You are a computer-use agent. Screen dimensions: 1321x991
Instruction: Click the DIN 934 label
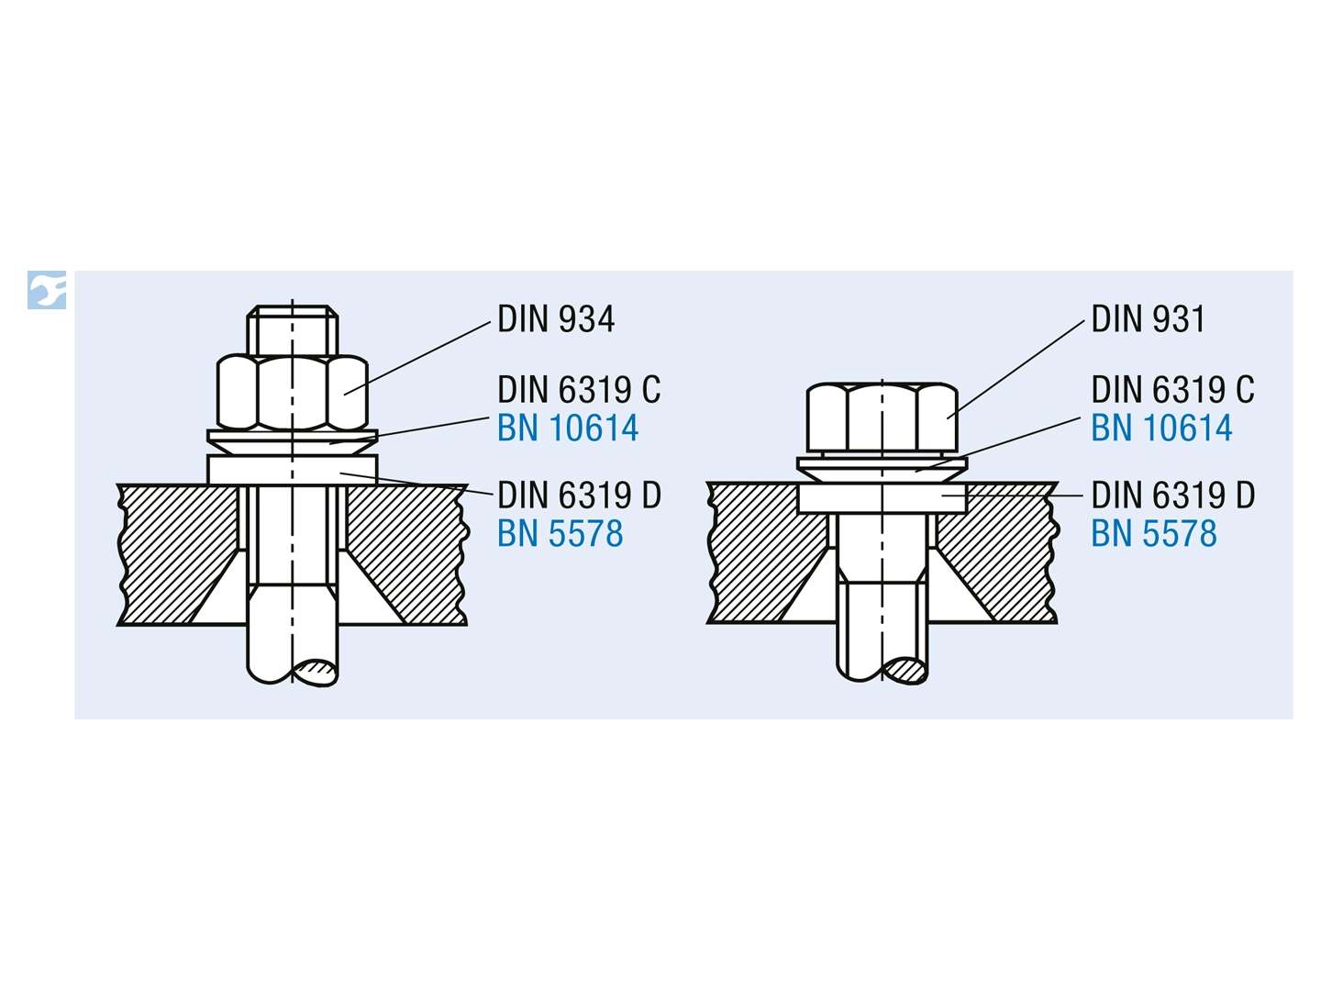coord(556,319)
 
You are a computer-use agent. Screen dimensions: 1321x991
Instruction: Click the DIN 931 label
coord(1148,319)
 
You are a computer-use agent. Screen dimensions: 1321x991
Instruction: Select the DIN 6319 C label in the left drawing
coord(578,389)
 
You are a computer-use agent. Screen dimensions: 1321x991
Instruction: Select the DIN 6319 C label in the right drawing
coord(1172,389)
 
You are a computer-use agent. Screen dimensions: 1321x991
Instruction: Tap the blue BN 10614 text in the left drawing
coord(568,428)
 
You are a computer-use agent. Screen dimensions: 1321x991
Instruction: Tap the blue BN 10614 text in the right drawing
coord(1161,428)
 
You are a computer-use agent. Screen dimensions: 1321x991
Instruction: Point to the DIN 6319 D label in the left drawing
coord(579,495)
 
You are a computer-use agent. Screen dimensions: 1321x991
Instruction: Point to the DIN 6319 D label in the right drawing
coord(1173,495)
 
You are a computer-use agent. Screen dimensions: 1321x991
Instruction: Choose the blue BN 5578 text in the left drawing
coord(560,534)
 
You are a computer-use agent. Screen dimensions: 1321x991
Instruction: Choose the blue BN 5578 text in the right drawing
coord(1154,534)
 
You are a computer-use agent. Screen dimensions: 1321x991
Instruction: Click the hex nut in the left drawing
coord(293,393)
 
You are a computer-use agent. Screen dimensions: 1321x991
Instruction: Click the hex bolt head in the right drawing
coord(882,418)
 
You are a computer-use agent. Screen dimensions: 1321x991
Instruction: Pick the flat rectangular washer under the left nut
coord(293,470)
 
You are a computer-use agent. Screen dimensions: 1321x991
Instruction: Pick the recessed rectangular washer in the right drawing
coord(882,498)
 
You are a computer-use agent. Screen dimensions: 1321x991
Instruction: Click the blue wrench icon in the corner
coord(47,290)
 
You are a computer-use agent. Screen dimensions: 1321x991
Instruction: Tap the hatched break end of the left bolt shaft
coord(314,671)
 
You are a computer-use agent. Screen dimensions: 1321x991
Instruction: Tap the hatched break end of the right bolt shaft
coord(904,670)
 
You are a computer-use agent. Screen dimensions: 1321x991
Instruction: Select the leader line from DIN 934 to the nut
coord(417,359)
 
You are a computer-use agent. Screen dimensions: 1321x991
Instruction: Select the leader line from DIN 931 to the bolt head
coord(1016,369)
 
